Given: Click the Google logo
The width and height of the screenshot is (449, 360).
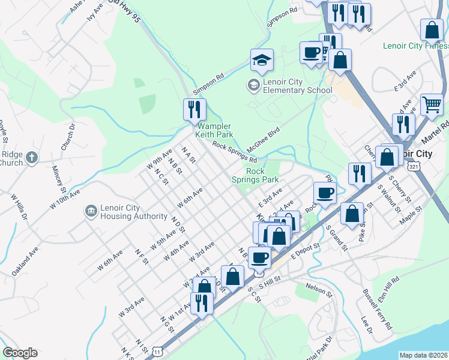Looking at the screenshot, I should [20, 353].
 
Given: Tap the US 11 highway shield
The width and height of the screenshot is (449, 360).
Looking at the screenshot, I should [157, 349].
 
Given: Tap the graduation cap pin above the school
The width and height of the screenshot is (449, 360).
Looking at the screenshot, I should [262, 61].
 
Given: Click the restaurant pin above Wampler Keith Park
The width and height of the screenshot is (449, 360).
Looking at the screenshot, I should [194, 110].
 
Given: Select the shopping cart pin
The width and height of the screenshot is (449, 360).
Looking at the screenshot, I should [432, 106].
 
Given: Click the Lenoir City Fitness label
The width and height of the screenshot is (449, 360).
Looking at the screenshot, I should [415, 46].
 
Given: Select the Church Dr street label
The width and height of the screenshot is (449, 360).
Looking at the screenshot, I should [67, 137].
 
